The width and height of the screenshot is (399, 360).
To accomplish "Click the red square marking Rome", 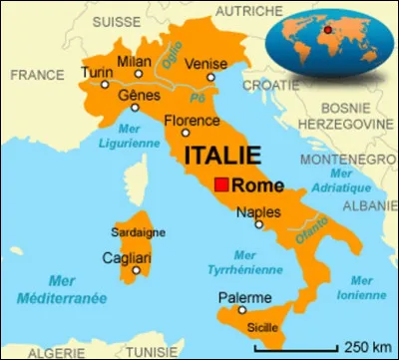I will [221, 185].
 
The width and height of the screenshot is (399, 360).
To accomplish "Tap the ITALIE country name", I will [222, 157].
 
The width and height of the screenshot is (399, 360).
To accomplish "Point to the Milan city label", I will [135, 61].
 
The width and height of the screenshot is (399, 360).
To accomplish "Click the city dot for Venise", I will [210, 77].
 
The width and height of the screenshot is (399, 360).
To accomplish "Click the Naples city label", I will [257, 211].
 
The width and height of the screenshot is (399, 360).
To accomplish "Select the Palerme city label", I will [244, 298].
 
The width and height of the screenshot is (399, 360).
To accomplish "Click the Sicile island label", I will [262, 326].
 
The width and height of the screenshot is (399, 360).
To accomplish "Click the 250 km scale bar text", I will [366, 348].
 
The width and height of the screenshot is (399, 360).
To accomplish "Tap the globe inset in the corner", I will [326, 38].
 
